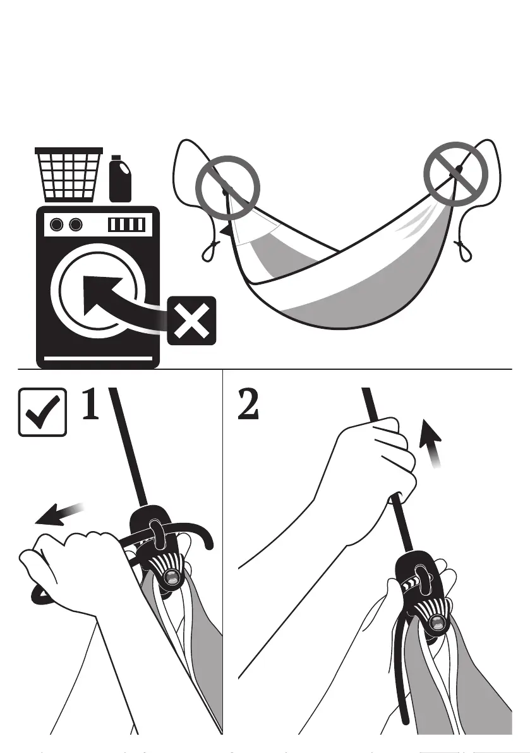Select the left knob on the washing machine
coord(57,224)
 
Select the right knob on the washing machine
coord(76,224)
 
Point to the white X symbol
coord(191,322)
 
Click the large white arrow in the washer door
coord(107,298)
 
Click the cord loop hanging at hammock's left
coord(208,253)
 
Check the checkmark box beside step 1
coord(42,412)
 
